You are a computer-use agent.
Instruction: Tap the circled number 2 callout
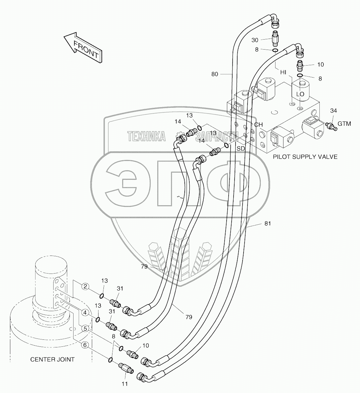pos(86,286)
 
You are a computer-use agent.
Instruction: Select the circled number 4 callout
pos(86,312)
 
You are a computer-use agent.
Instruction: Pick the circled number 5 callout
pos(86,328)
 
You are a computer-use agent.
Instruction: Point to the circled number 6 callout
pos(85,345)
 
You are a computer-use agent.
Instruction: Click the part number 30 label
pos(255,40)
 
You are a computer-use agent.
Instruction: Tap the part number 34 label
pos(333,110)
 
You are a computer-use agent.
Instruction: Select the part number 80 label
pos(215,74)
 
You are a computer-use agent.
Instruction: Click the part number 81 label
pos(268,223)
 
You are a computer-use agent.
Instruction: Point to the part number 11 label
pos(125,384)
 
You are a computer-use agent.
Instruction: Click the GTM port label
pos(344,123)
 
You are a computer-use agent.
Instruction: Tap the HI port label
pos(283,73)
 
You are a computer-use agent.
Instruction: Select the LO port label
pos(300,94)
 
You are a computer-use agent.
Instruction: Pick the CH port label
pos(259,124)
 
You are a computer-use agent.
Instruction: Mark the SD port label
pos(241,148)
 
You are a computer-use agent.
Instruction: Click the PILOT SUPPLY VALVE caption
pos(305,157)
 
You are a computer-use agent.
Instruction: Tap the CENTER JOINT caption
pos(52,359)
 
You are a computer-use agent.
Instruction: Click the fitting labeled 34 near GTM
pos(331,126)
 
